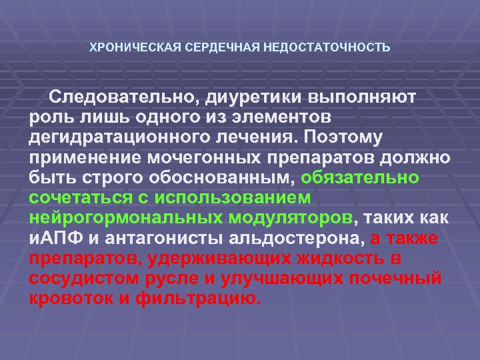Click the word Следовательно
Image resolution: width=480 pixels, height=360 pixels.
[123, 97]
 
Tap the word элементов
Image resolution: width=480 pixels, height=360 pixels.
[283, 117]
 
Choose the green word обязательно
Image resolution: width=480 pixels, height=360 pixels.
[361, 178]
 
